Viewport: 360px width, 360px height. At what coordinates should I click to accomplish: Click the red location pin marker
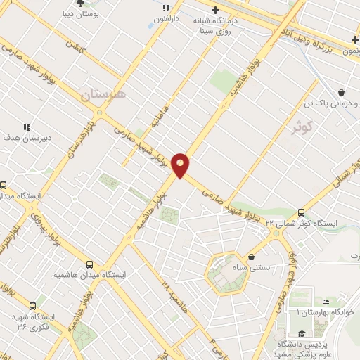tap(181, 165)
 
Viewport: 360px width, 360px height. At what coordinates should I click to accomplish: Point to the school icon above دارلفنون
tap(166, 8)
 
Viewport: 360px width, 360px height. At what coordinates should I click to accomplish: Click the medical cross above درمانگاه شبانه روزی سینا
tap(215, 9)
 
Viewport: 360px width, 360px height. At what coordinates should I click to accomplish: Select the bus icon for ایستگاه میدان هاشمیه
tap(89, 264)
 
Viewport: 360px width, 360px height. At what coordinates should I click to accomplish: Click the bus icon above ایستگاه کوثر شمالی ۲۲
tap(302, 212)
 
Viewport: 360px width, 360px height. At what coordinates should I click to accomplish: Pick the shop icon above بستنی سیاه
tap(252, 257)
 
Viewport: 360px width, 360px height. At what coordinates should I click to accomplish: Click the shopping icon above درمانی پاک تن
tap(341, 91)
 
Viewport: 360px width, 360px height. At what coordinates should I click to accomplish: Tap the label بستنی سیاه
tap(264, 268)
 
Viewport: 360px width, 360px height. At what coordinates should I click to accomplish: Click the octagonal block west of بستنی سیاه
tap(226, 272)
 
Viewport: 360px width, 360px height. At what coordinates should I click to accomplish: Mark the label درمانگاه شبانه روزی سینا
tap(223, 25)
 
